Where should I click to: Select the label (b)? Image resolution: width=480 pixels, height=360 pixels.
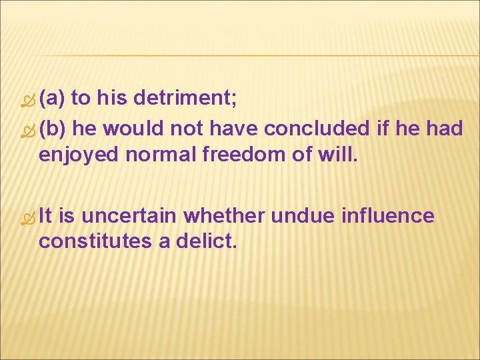pyautogui.click(x=52, y=128)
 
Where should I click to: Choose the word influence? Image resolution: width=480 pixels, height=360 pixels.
pyautogui.click(x=387, y=216)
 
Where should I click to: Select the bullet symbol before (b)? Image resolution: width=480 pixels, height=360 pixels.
pyautogui.click(x=27, y=129)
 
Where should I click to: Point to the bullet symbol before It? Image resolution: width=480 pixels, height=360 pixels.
pyautogui.click(x=27, y=218)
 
